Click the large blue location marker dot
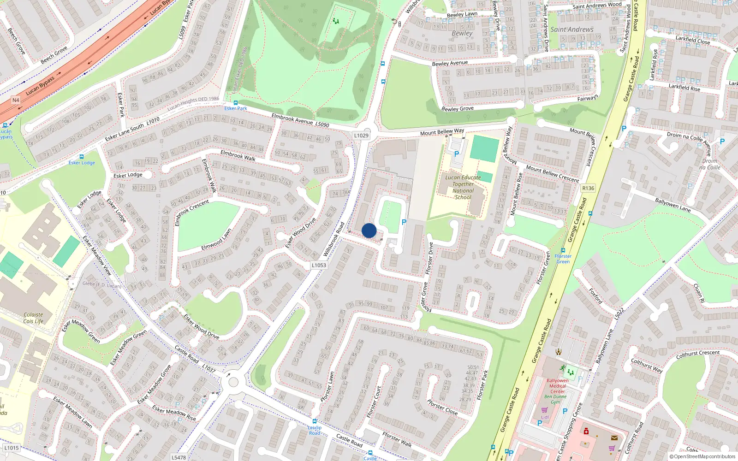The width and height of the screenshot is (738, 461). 369,230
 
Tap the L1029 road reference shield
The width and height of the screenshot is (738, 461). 361,136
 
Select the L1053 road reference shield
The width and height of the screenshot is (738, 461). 319,265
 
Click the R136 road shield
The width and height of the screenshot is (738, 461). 588,188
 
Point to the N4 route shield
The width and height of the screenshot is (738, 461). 16,100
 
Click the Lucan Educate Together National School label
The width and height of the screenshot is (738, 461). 463,187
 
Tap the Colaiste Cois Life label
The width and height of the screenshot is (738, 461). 33,318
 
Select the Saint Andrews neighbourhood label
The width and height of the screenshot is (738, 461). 572,30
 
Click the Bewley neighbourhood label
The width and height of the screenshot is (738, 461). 462,33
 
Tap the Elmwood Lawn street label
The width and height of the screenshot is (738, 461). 216,240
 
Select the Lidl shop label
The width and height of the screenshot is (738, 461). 545,417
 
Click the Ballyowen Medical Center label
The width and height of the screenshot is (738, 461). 557,386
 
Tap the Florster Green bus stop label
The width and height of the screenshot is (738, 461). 563,259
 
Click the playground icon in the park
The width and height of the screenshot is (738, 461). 335,21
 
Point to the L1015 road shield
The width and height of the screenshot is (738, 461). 12,448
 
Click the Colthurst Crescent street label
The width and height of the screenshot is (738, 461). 697,354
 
